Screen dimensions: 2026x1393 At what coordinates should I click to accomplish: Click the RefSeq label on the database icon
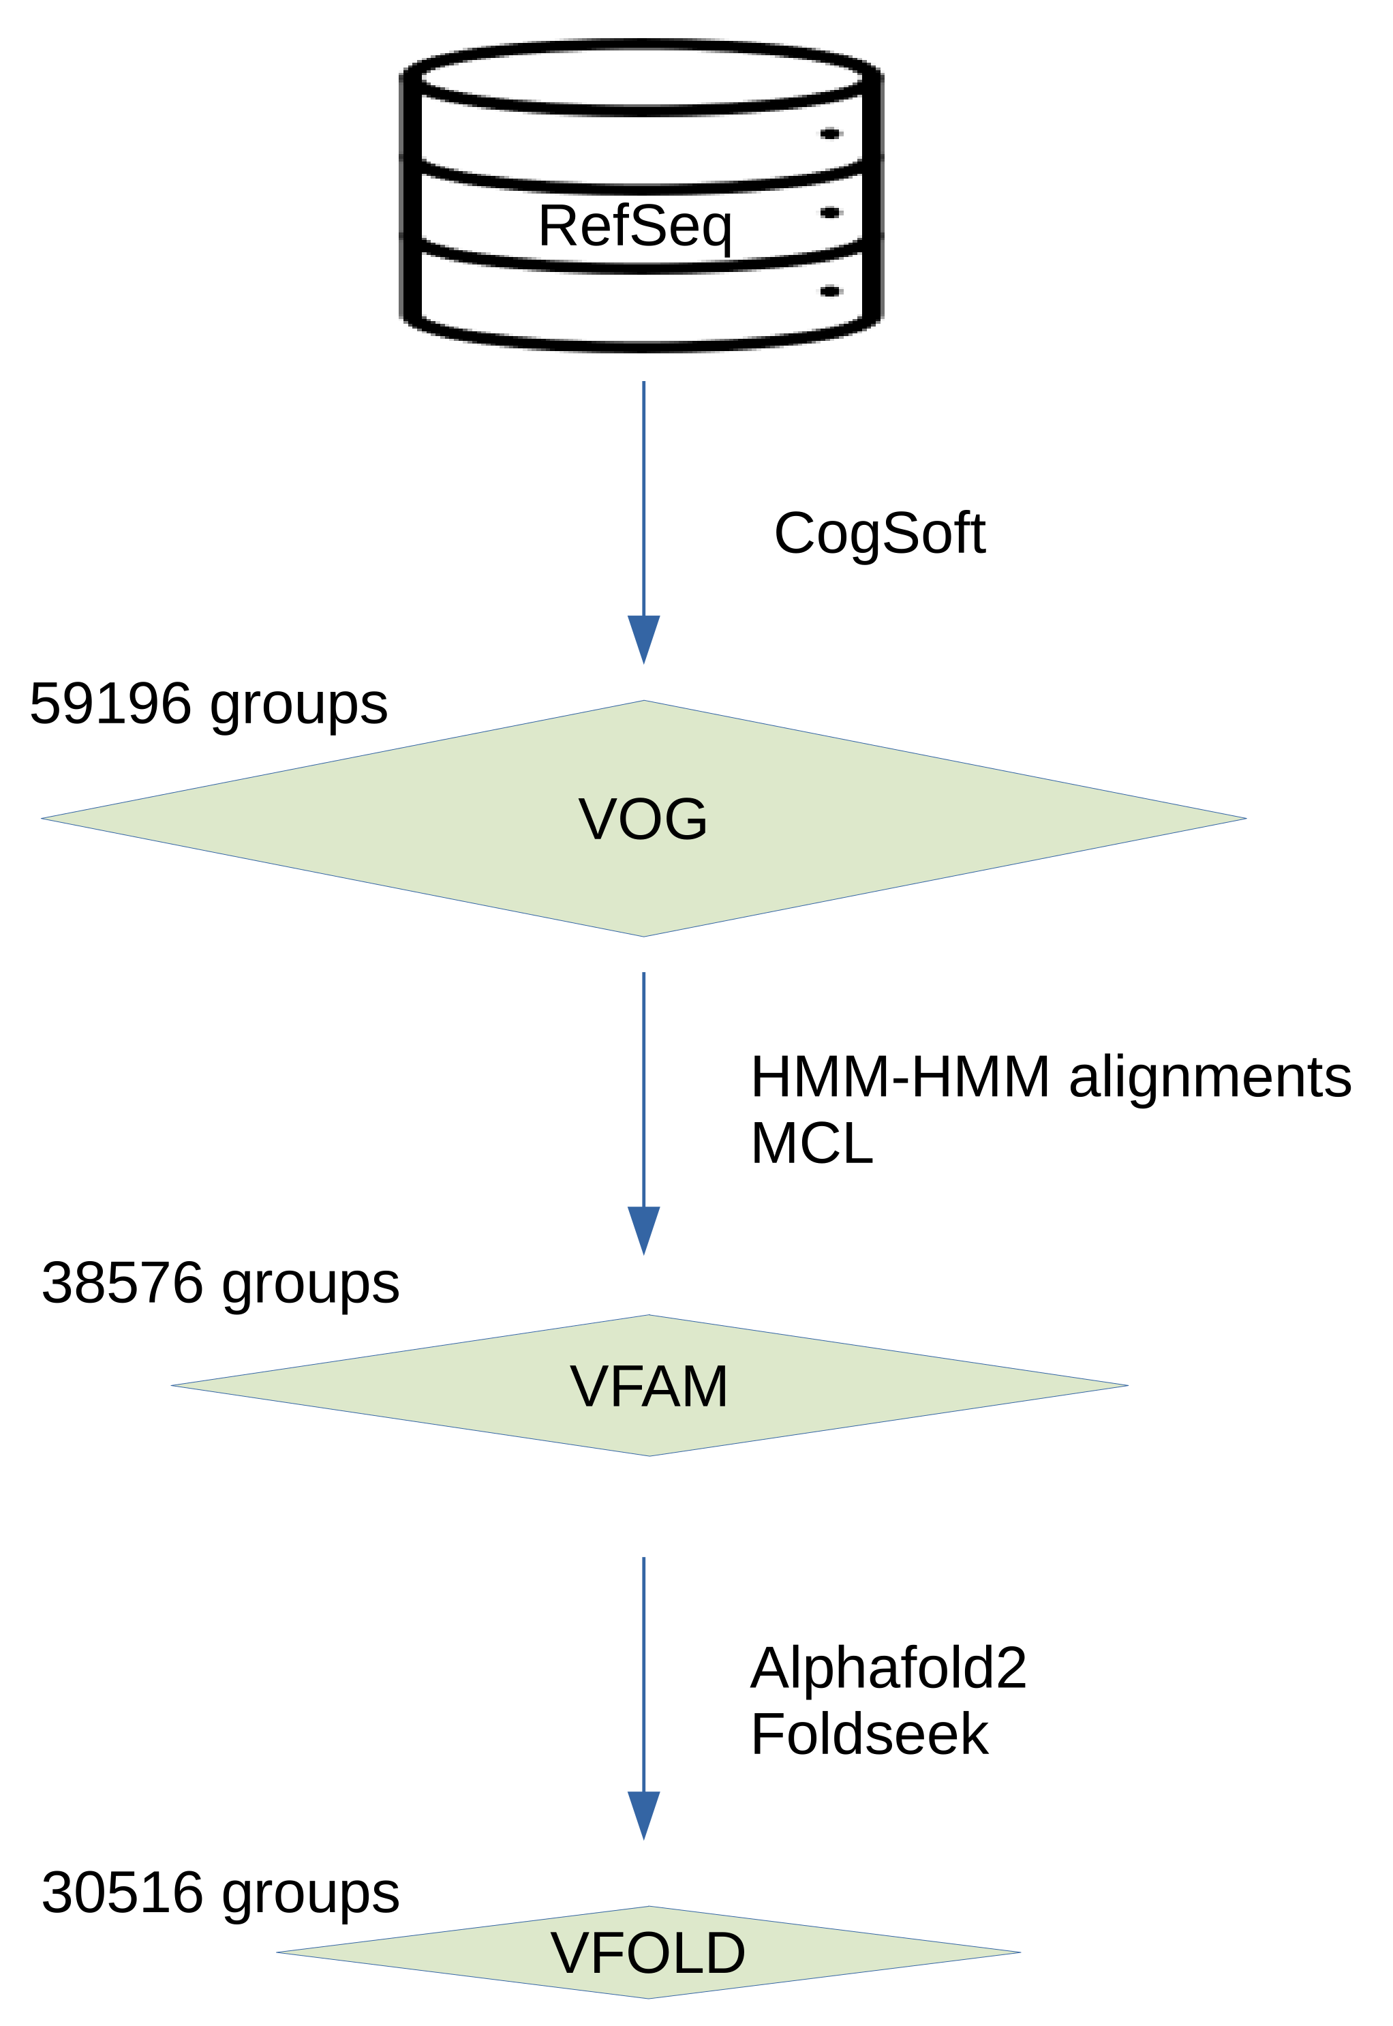pos(634,226)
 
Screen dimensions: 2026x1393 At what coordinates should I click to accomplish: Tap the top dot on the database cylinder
pos(830,134)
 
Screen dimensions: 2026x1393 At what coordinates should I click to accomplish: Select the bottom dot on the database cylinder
pos(830,292)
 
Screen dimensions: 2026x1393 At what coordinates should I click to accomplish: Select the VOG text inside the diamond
pos(643,819)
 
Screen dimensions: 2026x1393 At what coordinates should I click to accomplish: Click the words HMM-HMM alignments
pos(1050,1077)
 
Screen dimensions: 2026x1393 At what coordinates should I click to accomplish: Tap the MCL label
pos(812,1143)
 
